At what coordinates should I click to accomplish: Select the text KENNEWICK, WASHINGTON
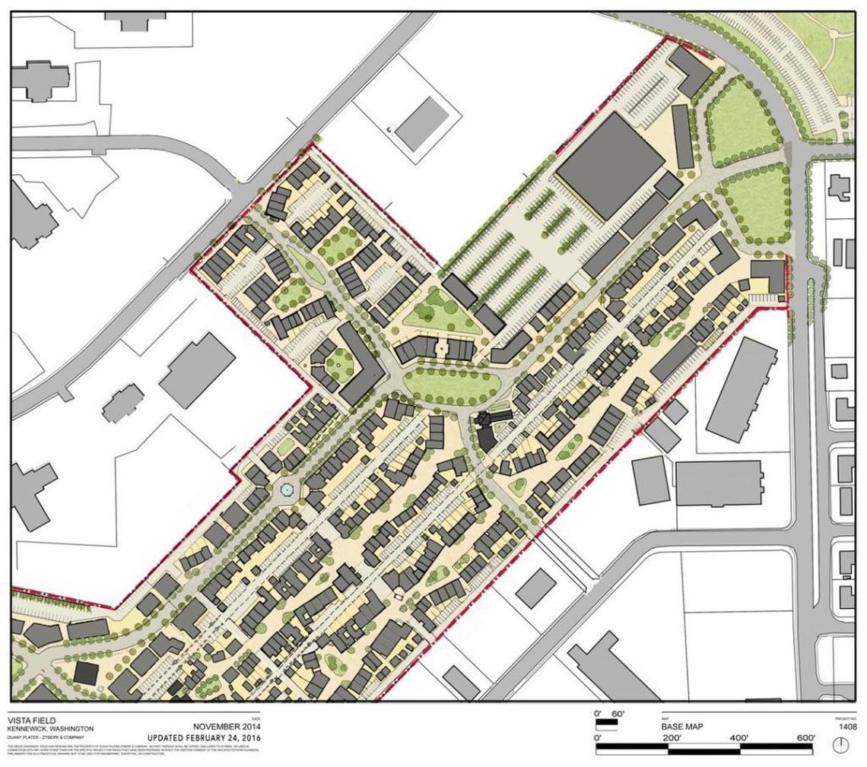pyautogui.click(x=50, y=728)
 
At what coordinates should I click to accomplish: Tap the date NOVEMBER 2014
pyautogui.click(x=226, y=726)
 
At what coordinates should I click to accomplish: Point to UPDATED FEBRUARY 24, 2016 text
pyautogui.click(x=203, y=738)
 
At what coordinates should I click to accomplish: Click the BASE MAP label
pyautogui.click(x=682, y=727)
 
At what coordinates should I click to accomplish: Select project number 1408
pyautogui.click(x=847, y=727)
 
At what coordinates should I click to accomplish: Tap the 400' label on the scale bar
pyautogui.click(x=741, y=738)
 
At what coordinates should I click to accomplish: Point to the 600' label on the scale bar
pyautogui.click(x=805, y=738)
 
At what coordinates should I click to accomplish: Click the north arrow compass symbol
pyautogui.click(x=840, y=746)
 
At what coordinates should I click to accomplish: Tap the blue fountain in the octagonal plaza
pyautogui.click(x=286, y=490)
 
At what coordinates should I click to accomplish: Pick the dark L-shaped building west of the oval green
pyautogui.click(x=359, y=363)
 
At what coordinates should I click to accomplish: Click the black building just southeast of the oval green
pyautogui.click(x=485, y=429)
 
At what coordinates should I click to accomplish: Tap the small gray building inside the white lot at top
pyautogui.click(x=422, y=124)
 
